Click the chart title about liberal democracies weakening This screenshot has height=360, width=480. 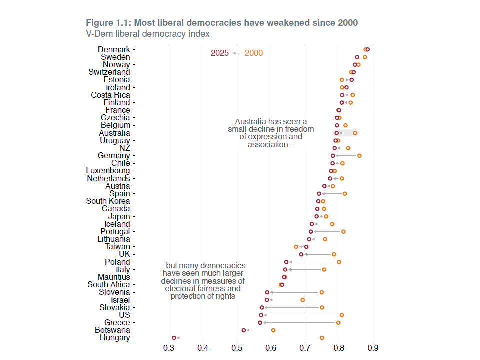222,23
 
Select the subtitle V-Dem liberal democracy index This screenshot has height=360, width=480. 148,34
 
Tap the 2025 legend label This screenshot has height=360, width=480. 220,53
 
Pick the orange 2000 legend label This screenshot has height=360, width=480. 254,53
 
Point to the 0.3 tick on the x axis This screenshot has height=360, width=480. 169,347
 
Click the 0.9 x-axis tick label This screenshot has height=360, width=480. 373,347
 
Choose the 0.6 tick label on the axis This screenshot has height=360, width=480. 271,347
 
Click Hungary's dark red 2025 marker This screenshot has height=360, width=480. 174,338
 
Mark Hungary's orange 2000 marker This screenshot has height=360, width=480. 322,338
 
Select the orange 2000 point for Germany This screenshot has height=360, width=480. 359,156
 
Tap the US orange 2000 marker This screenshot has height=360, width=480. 342,315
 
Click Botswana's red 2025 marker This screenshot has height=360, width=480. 244,330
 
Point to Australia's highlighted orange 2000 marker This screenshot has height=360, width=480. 355,133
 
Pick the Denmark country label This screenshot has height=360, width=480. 114,50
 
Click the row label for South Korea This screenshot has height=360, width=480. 108,201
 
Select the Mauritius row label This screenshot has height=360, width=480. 114,277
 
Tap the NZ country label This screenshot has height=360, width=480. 124,148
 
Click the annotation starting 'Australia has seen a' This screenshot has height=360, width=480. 271,133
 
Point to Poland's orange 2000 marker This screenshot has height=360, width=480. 339,262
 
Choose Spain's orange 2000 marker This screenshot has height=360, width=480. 345,194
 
